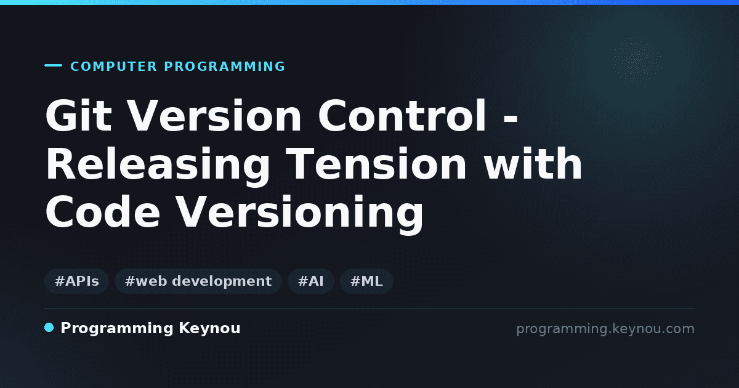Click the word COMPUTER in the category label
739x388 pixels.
113,67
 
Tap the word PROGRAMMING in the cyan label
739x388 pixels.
224,67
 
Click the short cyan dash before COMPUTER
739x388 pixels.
53,65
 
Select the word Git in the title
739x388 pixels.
79,116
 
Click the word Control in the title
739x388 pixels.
402,116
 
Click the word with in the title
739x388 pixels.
533,163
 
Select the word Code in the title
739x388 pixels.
103,211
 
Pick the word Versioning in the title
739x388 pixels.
299,214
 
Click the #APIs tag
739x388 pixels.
76,281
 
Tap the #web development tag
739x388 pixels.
198,281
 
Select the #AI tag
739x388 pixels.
311,281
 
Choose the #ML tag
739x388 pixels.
366,281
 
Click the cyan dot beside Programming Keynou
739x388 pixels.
49,328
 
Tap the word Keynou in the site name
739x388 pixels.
209,329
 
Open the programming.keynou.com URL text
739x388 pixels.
605,329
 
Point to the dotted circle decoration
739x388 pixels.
637,60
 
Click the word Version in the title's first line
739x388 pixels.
214,116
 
